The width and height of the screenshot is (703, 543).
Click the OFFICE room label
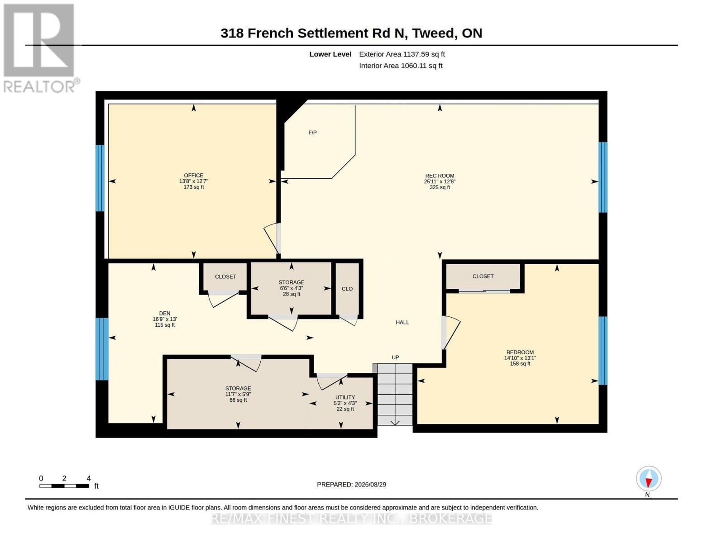coord(193,175)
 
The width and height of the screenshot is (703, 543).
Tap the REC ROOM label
coord(440,176)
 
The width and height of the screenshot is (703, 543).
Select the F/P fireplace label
coord(312,133)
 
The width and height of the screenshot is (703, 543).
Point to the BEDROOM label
coord(520,352)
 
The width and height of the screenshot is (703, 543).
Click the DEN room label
coord(165,313)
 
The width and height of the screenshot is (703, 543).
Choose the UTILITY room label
coord(345,397)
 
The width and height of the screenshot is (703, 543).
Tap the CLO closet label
coord(347,289)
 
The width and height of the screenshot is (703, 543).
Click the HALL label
coord(402,322)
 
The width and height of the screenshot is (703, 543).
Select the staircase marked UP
coord(395,394)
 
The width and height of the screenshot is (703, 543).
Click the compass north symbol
coord(649,479)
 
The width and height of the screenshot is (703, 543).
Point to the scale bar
coord(64,486)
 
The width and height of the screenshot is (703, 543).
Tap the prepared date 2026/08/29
coord(370,485)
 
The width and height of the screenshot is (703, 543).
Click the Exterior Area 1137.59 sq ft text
coord(402,54)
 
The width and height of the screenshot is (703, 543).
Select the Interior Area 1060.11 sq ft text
coord(401,66)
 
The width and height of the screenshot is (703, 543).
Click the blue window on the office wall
coord(100,178)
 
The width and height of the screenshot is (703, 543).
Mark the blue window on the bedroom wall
coord(603,351)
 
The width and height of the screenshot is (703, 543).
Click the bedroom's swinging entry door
coord(451,333)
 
